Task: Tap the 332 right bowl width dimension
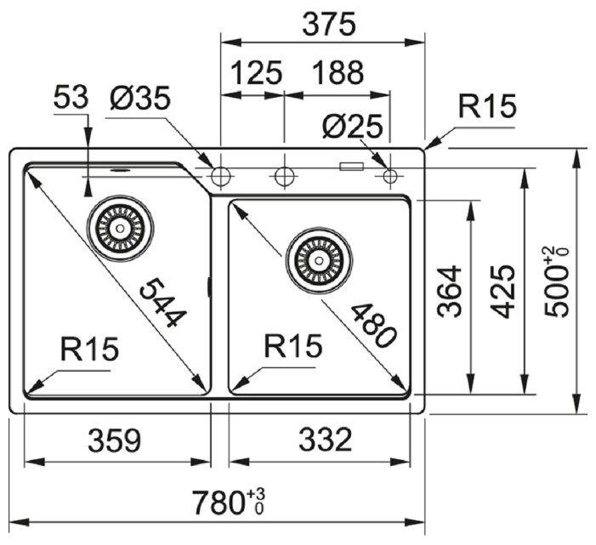325,440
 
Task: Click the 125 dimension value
253,74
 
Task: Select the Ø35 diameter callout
139,99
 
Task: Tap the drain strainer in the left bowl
121,227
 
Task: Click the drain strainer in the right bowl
318,258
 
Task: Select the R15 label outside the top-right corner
487,108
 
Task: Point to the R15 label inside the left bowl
90,348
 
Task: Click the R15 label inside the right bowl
293,346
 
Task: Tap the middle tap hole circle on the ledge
283,176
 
